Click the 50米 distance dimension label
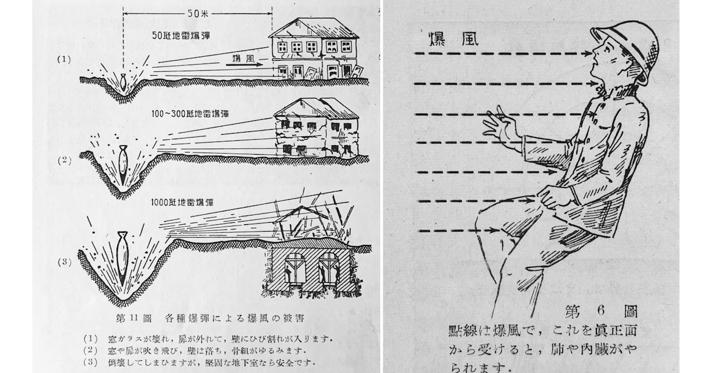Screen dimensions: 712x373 click(x=197, y=14)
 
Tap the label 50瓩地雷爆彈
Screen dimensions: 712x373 click(x=181, y=36)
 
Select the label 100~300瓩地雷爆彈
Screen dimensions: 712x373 click(x=190, y=114)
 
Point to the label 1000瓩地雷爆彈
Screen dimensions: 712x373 click(x=182, y=203)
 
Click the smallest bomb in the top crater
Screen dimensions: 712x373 click(x=123, y=81)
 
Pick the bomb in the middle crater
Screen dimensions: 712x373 click(x=122, y=164)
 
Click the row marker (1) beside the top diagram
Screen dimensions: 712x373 click(x=64, y=60)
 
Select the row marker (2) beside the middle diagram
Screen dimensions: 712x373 click(x=64, y=160)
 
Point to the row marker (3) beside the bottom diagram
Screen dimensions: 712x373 click(x=64, y=262)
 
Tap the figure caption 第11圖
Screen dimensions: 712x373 click(x=134, y=318)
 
